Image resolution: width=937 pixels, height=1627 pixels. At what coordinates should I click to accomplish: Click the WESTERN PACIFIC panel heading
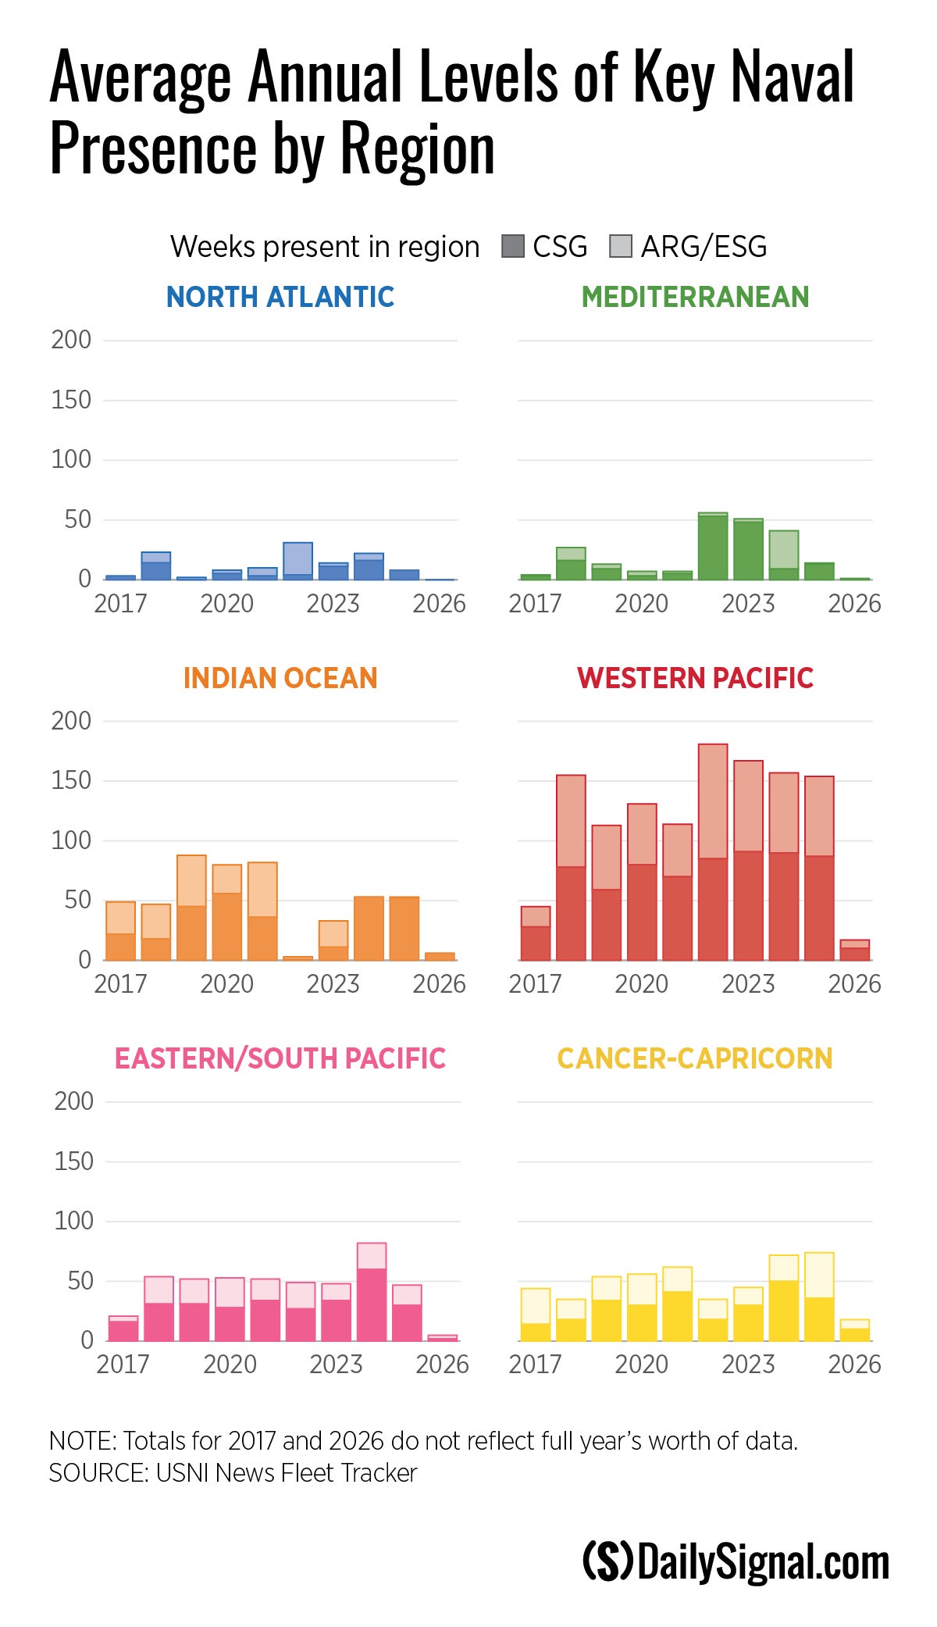pyautogui.click(x=695, y=678)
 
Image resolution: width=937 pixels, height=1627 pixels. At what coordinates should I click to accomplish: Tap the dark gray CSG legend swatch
pyautogui.click(x=512, y=247)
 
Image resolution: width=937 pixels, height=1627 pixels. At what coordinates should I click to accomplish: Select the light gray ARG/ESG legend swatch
pyautogui.click(x=620, y=247)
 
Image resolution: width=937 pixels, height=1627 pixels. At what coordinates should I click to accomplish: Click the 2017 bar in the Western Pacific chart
pyautogui.click(x=536, y=933)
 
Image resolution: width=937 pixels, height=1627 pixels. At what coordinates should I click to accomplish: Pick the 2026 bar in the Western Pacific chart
pyautogui.click(x=854, y=951)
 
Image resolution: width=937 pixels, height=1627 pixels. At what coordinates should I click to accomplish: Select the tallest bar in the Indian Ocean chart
pyautogui.click(x=191, y=908)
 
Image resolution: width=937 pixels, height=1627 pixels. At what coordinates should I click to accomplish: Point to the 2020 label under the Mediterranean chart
pyautogui.click(x=642, y=604)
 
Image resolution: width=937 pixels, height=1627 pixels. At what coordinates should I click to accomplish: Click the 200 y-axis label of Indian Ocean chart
pyautogui.click(x=71, y=721)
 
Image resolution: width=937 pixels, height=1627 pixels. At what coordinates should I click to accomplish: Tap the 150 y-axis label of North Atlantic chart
pyautogui.click(x=71, y=400)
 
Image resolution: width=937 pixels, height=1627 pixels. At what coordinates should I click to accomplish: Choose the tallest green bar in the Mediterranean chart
pyautogui.click(x=713, y=547)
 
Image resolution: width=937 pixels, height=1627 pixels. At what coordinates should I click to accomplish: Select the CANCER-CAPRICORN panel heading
pyautogui.click(x=695, y=1058)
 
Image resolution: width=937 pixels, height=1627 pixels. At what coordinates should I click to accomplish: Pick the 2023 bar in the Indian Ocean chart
pyautogui.click(x=333, y=940)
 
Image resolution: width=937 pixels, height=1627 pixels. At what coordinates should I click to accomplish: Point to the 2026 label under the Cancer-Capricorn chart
pyautogui.click(x=854, y=1365)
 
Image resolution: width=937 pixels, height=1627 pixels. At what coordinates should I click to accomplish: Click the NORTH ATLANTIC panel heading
pyautogui.click(x=280, y=297)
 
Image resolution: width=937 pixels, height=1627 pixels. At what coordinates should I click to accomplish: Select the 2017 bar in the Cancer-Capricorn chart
pyautogui.click(x=536, y=1315)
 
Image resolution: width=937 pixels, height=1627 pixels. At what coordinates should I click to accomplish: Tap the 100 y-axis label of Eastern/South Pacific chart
pyautogui.click(x=73, y=1221)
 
